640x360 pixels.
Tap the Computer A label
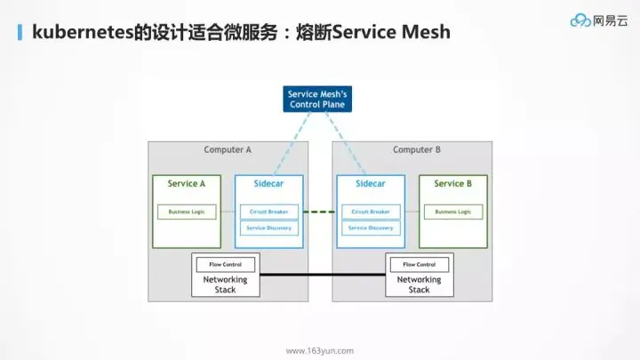[x=228, y=149]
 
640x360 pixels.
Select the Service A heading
[x=187, y=184]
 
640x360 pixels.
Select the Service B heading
[x=452, y=184]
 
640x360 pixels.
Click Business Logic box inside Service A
[x=187, y=212]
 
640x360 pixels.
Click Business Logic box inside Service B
[x=452, y=212]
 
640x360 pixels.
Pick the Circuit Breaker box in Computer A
[x=269, y=212]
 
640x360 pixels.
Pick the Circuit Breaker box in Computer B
[x=371, y=212]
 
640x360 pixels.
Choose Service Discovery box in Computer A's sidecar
[x=269, y=228]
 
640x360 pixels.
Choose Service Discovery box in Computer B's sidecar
[x=371, y=228]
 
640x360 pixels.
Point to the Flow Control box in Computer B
[x=420, y=264]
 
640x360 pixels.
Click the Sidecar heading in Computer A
[x=269, y=184]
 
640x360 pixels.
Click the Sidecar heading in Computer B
[x=371, y=184]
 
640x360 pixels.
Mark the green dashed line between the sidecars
[x=320, y=212]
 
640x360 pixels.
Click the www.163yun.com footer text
[x=320, y=350]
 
